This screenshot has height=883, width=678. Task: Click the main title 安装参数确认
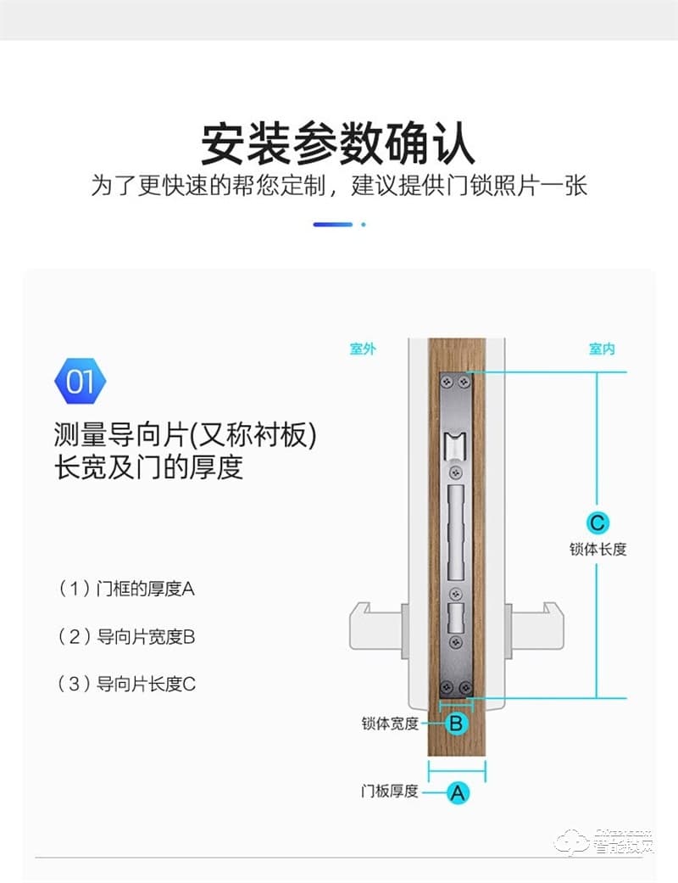point(338,143)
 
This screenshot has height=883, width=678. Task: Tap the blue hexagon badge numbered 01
point(81,382)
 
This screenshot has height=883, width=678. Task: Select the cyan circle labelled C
point(597,522)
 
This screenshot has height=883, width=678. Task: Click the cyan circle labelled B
point(456,724)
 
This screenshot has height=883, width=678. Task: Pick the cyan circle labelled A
point(457,793)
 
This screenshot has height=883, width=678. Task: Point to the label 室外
point(363,349)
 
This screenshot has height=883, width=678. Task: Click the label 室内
point(602,349)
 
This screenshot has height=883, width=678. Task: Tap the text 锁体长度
point(597,549)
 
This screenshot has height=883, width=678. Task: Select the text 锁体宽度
point(390,724)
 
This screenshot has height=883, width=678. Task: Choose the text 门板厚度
point(390,791)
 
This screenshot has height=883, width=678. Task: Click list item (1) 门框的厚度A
point(126,588)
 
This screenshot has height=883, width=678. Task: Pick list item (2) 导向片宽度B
point(126,636)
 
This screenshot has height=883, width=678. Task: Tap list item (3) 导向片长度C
point(126,684)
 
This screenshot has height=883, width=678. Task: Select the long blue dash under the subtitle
point(332,225)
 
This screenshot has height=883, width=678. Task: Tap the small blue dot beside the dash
point(364,225)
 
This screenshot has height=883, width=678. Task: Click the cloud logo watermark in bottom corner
point(569,842)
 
